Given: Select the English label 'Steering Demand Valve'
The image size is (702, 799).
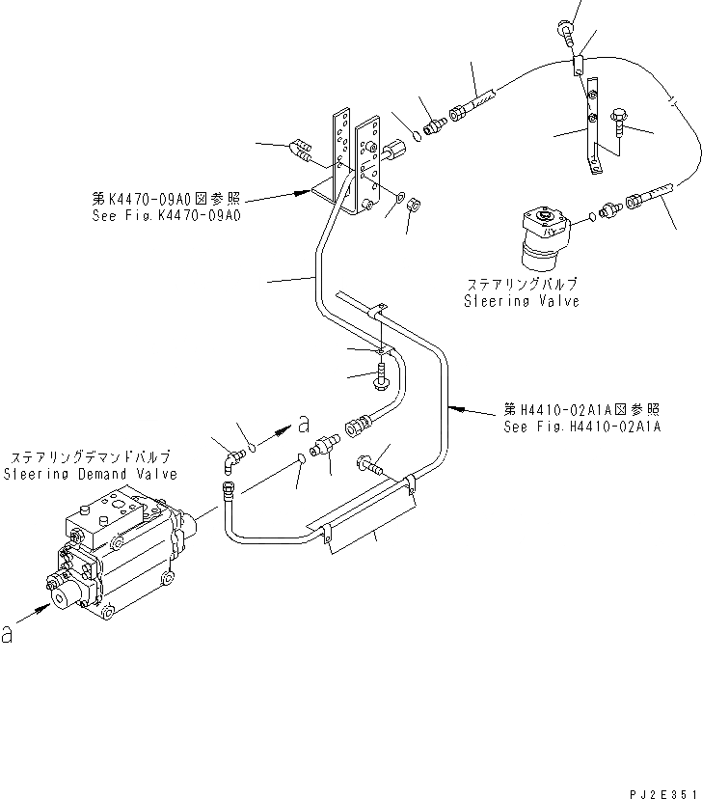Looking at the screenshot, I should [x=91, y=474].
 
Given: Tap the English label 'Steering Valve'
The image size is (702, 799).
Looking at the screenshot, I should [x=524, y=301].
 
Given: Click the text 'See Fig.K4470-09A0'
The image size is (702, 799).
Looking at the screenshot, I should [x=162, y=215].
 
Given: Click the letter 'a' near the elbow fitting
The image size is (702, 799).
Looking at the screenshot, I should [x=305, y=423].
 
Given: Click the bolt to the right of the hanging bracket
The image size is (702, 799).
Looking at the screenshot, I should [x=618, y=123].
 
